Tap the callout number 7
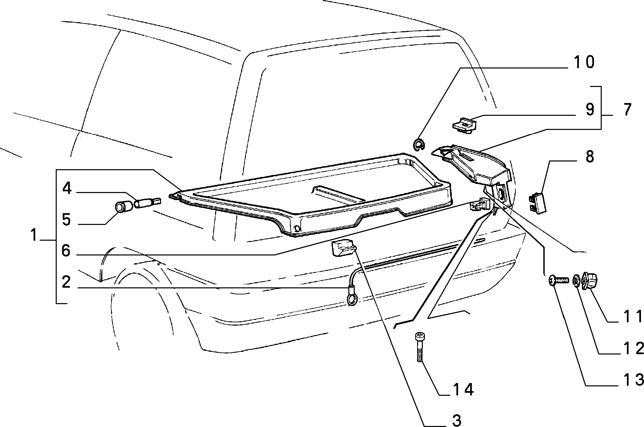click(x=625, y=109)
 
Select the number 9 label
click(x=590, y=109)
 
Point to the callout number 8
click(x=589, y=156)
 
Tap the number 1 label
click(x=33, y=235)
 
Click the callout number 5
click(x=66, y=220)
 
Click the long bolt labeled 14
click(x=420, y=346)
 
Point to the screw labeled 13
click(x=559, y=280)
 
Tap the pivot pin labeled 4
click(x=147, y=203)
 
